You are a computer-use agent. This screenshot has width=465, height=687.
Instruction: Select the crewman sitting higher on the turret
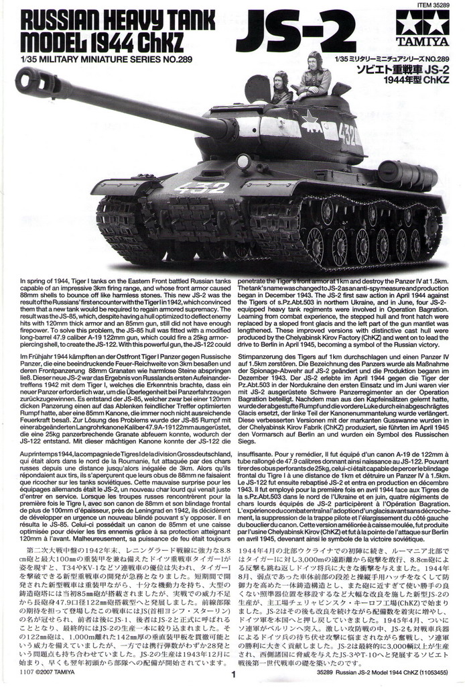[x=314, y=75]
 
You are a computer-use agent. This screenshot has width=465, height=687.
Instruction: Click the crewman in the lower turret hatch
[x=281, y=89]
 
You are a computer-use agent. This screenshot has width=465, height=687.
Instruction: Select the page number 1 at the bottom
[x=233, y=676]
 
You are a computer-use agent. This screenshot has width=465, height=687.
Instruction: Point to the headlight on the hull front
[x=243, y=162]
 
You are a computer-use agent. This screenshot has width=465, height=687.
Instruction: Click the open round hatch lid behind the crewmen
[x=257, y=89]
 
